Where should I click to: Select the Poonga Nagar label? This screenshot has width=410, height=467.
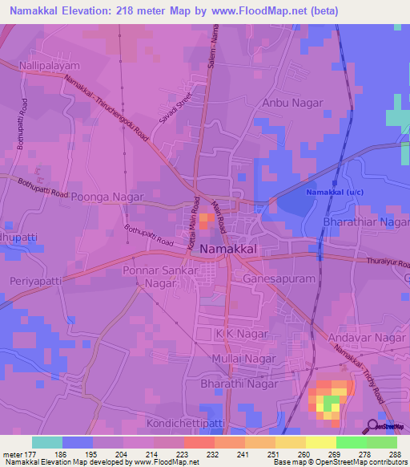[107, 197]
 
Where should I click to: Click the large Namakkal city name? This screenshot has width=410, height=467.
[228, 250]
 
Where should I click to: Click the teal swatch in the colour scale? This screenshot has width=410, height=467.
[47, 442]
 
